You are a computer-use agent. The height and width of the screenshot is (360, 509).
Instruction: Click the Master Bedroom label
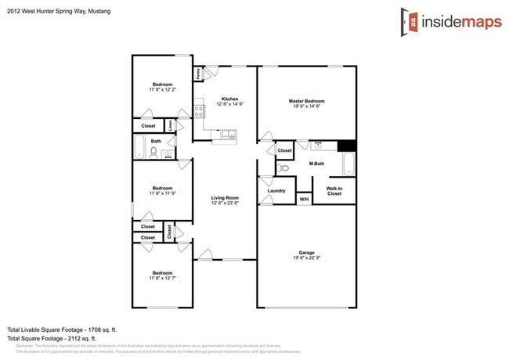pyautogui.click(x=306, y=101)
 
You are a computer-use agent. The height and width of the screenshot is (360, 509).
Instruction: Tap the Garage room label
pyautogui.click(x=306, y=253)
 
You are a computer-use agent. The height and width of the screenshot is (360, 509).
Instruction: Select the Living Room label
pyautogui.click(x=225, y=198)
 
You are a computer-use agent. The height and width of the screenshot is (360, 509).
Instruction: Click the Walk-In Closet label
pyautogui.click(x=334, y=190)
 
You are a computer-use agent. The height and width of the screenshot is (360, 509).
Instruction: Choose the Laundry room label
pyautogui.click(x=276, y=190)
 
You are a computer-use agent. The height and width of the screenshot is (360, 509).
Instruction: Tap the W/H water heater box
pyautogui.click(x=304, y=200)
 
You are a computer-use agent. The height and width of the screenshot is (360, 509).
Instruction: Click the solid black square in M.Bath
pyautogui.click(x=346, y=146)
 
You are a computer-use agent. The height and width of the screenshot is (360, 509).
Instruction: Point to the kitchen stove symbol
pyautogui.click(x=200, y=110)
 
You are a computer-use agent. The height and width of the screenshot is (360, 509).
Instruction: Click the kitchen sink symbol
pyautogui.click(x=229, y=135)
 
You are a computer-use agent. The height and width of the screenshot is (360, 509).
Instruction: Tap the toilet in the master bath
pyautogui.click(x=284, y=167)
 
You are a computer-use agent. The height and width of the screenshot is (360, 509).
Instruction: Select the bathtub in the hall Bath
pyautogui.click(x=139, y=147)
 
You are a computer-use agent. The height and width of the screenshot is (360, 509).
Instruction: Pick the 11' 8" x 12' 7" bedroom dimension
pyautogui.click(x=162, y=278)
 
